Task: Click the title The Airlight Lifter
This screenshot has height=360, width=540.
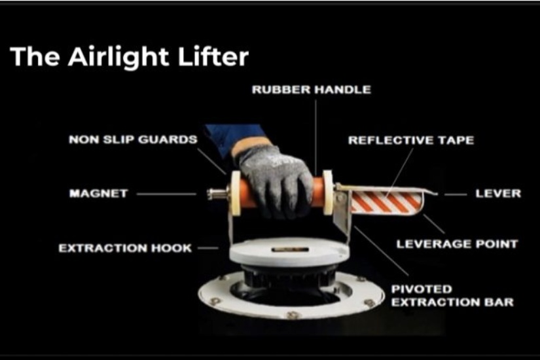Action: pos(129,56)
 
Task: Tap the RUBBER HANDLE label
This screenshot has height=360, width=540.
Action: pos(312,90)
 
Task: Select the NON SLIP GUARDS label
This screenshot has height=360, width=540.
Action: pos(133,139)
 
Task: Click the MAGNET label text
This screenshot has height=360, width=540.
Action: pos(98,193)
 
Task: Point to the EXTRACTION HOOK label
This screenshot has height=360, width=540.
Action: pos(125,248)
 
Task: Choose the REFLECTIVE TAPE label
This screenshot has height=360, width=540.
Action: pos(411,140)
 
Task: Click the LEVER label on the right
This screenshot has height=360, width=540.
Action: pos(498,194)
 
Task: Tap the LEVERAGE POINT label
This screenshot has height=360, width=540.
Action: pos(457,244)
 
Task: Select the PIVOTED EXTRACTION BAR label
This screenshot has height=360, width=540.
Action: pos(452,296)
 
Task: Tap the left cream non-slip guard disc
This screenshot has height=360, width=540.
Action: pos(236,193)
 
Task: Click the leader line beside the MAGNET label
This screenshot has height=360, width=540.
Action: pos(166,194)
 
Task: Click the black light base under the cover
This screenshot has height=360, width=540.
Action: pos(289,276)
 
